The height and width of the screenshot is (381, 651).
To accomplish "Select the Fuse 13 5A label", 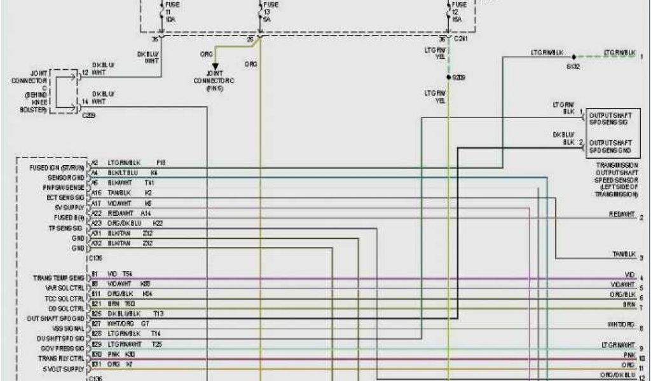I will click(268, 11).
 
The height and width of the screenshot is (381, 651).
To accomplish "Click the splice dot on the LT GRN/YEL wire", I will click(448, 77).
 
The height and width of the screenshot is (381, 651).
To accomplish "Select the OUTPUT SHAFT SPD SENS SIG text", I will click(610, 118).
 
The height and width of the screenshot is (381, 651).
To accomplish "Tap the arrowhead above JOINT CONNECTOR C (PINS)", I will click(215, 66).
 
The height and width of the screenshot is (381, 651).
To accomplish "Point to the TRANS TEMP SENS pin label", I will click(58, 278).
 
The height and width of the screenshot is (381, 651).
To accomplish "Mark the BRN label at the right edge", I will click(629, 305).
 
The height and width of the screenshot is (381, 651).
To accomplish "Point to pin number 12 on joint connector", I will click(85, 74).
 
